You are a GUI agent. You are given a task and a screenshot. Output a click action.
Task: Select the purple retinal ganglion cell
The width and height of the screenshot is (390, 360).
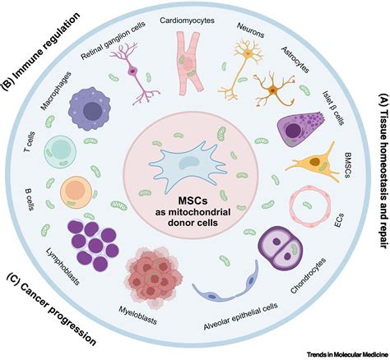(133, 66)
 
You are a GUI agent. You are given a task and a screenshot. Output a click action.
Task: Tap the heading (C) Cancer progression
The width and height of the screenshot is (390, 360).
(55, 310)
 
